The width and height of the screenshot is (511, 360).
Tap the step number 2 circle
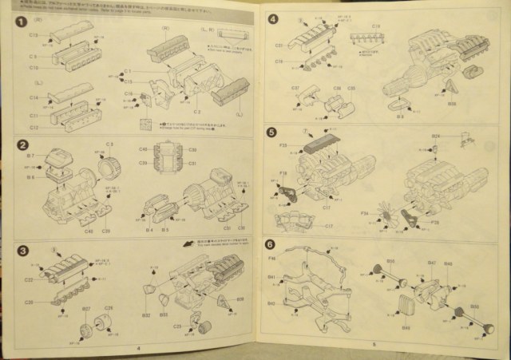[x=24, y=145]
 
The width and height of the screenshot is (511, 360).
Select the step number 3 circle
[x=24, y=250]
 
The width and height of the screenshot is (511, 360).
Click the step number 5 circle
[x=272, y=133]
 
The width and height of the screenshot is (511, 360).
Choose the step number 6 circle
[x=272, y=246]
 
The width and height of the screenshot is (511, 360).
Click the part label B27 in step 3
[x=86, y=308]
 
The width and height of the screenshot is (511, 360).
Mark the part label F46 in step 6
[x=271, y=261]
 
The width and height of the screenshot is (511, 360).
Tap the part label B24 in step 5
[x=435, y=136]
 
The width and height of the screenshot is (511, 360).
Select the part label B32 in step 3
[x=145, y=315]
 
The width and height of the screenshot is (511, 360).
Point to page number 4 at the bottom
[x=138, y=348]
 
